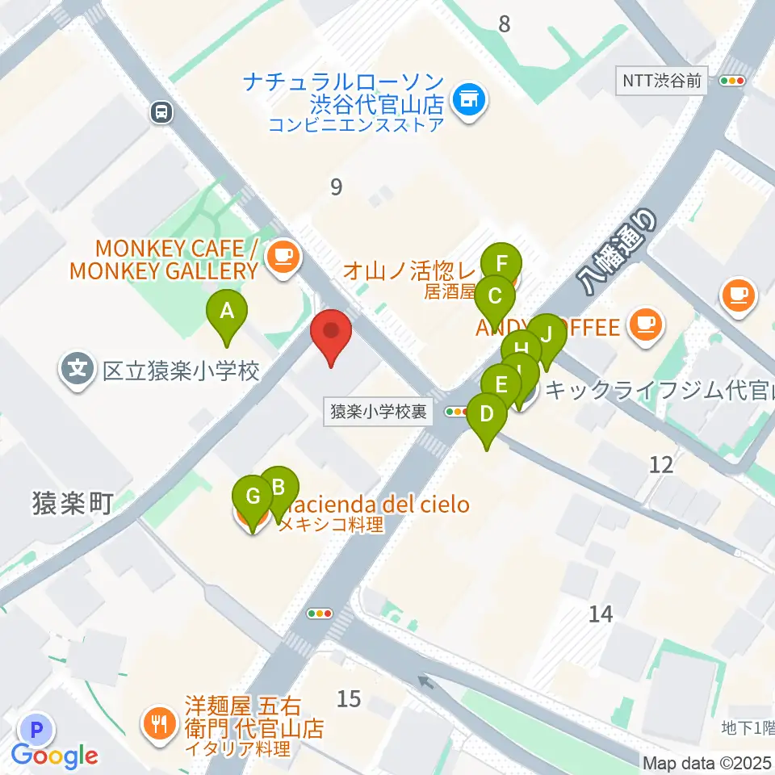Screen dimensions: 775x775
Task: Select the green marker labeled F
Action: pyautogui.click(x=501, y=265)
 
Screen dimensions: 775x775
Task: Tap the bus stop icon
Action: pyautogui.click(x=161, y=112)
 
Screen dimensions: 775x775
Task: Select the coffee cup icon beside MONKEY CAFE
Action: pyautogui.click(x=283, y=258)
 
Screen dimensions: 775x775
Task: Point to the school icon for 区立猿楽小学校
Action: pyautogui.click(x=77, y=371)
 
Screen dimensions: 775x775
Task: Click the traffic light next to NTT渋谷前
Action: pyautogui.click(x=733, y=80)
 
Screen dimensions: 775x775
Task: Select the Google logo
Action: pyautogui.click(x=55, y=756)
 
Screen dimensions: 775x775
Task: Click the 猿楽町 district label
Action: pyautogui.click(x=71, y=505)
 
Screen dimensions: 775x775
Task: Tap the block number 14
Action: pyautogui.click(x=601, y=614)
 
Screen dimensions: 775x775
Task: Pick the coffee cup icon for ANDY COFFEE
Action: pyautogui.click(x=645, y=325)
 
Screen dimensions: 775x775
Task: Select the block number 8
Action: pyautogui.click(x=505, y=24)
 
